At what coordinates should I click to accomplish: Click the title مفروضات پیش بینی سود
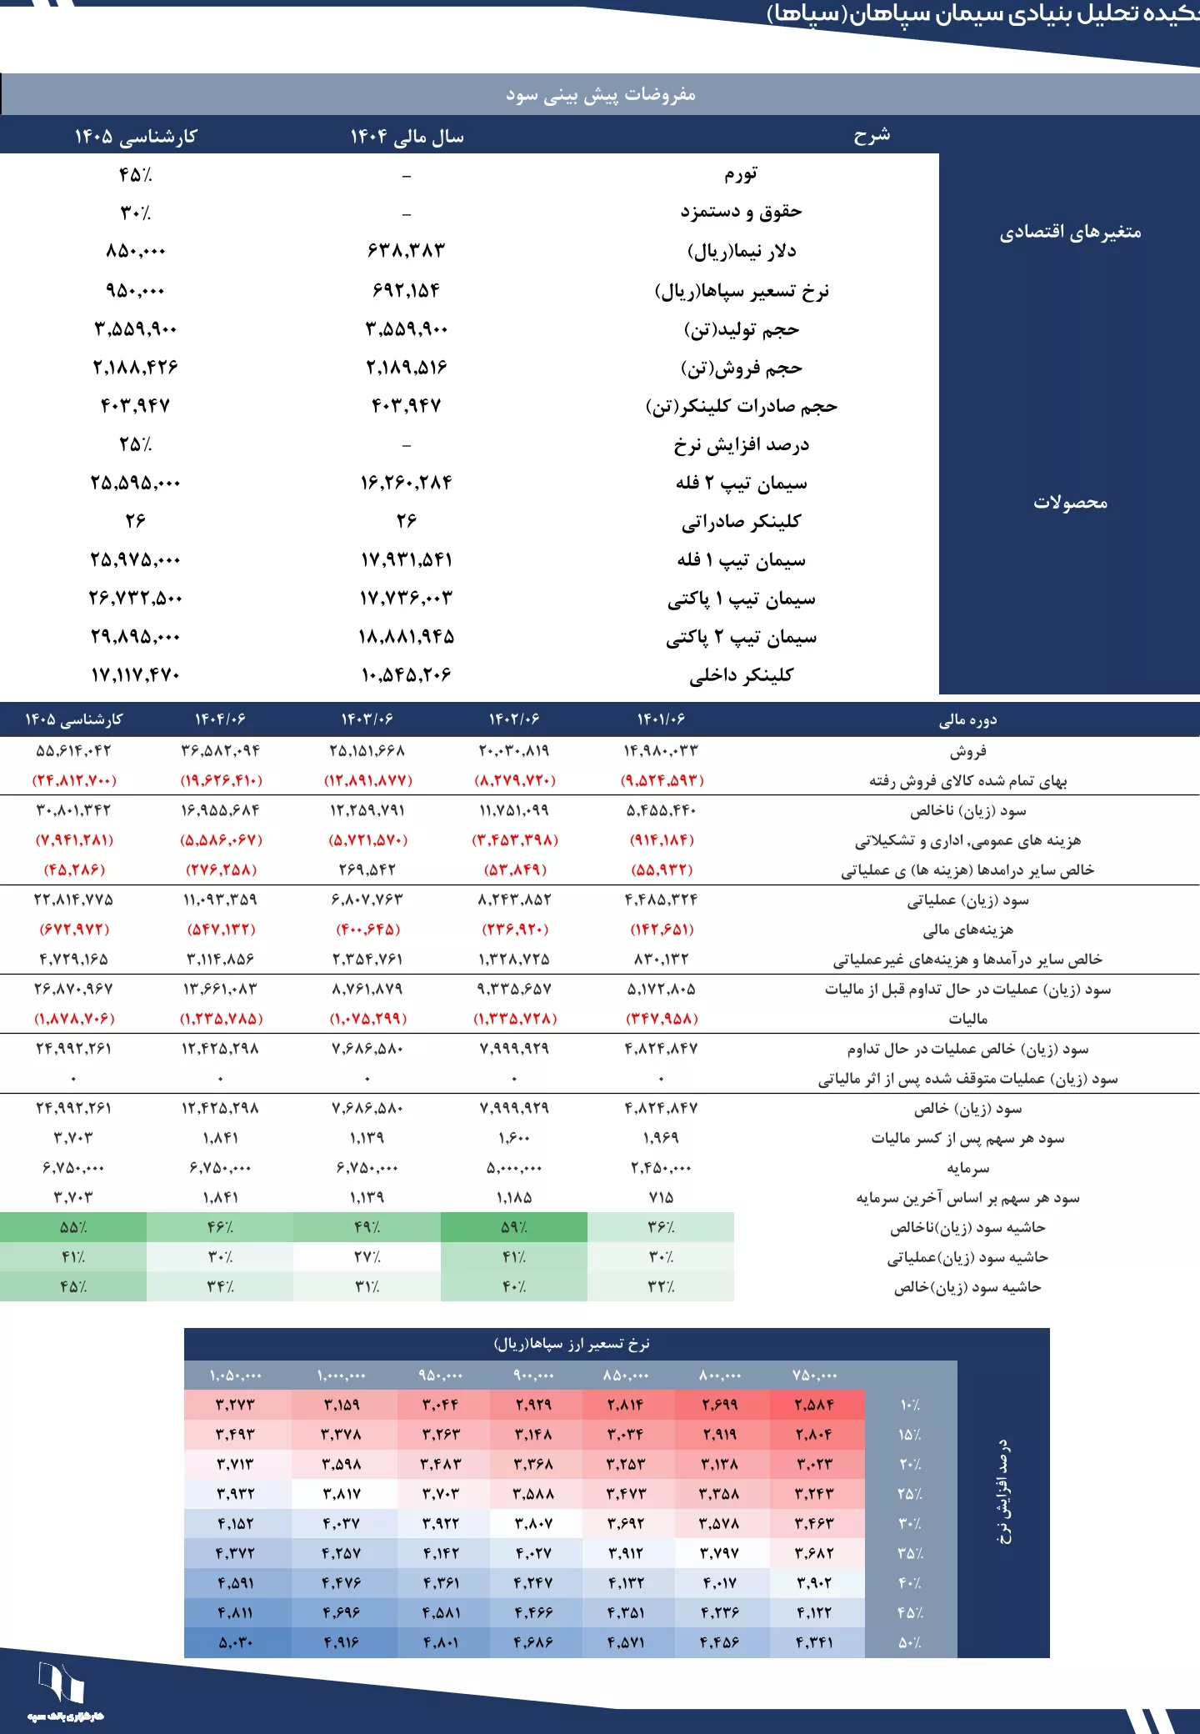[x=600, y=94]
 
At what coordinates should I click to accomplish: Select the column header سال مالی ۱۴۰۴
[x=407, y=136]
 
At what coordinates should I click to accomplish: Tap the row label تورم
[x=741, y=174]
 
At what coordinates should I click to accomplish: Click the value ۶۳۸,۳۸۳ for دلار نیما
[x=407, y=251]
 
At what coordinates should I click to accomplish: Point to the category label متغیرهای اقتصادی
[x=1070, y=233]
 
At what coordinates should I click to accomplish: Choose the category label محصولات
[x=1070, y=503]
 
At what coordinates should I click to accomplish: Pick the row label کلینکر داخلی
[x=741, y=675]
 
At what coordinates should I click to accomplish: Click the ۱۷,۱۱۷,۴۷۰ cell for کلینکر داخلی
[x=135, y=675]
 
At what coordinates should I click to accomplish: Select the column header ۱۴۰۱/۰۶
[x=661, y=719]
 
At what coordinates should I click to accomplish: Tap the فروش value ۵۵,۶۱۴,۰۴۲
[x=73, y=750]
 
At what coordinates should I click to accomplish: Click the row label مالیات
[x=967, y=1019]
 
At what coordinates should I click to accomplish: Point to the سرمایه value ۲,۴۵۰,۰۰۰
[x=661, y=1168]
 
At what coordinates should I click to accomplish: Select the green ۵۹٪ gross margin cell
[x=514, y=1227]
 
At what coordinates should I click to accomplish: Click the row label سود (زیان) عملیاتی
[x=967, y=900]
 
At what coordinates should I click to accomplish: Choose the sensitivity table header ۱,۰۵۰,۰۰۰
[x=236, y=1376]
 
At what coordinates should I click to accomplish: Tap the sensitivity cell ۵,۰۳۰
[x=236, y=1642]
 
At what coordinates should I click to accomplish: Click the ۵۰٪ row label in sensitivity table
[x=909, y=1642]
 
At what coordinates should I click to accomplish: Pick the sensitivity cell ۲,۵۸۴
[x=814, y=1405]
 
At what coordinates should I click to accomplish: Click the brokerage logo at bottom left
[x=63, y=1688]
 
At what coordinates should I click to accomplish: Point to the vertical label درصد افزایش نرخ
[x=1004, y=1492]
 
